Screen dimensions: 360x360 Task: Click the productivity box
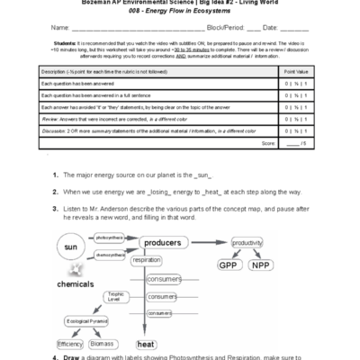point(247,243)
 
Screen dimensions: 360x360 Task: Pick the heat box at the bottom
point(146,344)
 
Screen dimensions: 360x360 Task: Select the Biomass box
point(102,344)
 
